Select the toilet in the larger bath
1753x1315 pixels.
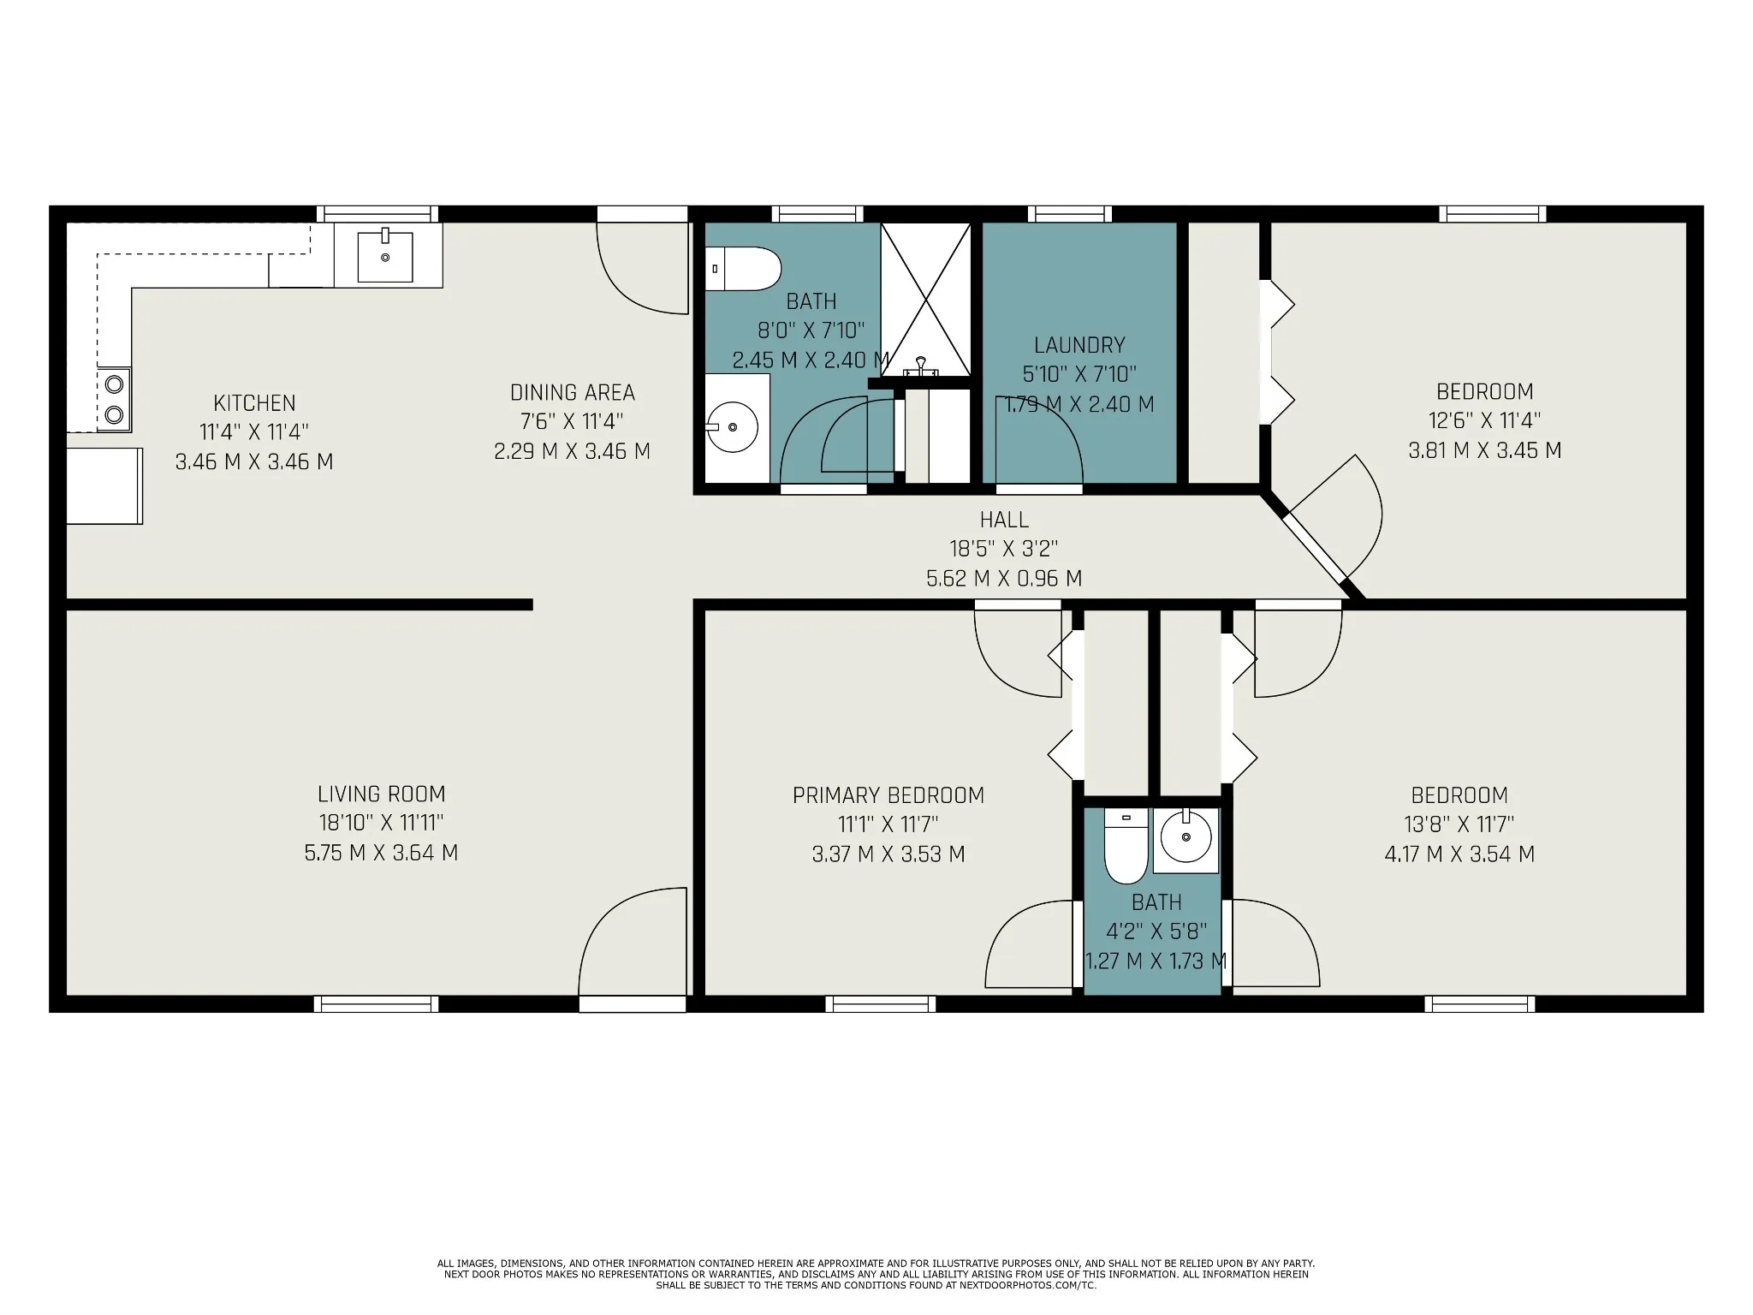pyautogui.click(x=743, y=269)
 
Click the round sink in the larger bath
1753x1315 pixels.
pyautogui.click(x=732, y=425)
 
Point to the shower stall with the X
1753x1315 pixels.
pyautogui.click(x=926, y=299)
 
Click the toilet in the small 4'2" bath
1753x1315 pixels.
pyautogui.click(x=1126, y=847)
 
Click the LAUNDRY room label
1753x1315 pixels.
pyautogui.click(x=1079, y=345)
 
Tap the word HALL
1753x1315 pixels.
pyautogui.click(x=1004, y=520)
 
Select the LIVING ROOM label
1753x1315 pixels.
pyautogui.click(x=382, y=794)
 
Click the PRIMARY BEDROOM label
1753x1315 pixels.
pyautogui.click(x=888, y=795)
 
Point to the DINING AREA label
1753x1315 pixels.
pyautogui.click(x=573, y=393)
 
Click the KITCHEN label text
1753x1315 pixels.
pyautogui.click(x=254, y=403)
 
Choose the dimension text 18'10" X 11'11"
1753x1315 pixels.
pyautogui.click(x=382, y=823)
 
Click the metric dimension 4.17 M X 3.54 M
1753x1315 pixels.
pyautogui.click(x=1459, y=854)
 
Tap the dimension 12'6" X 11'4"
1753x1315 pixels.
pyautogui.click(x=1485, y=420)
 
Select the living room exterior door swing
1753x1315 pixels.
pyautogui.click(x=633, y=942)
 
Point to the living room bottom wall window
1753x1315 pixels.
pyautogui.click(x=377, y=1004)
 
